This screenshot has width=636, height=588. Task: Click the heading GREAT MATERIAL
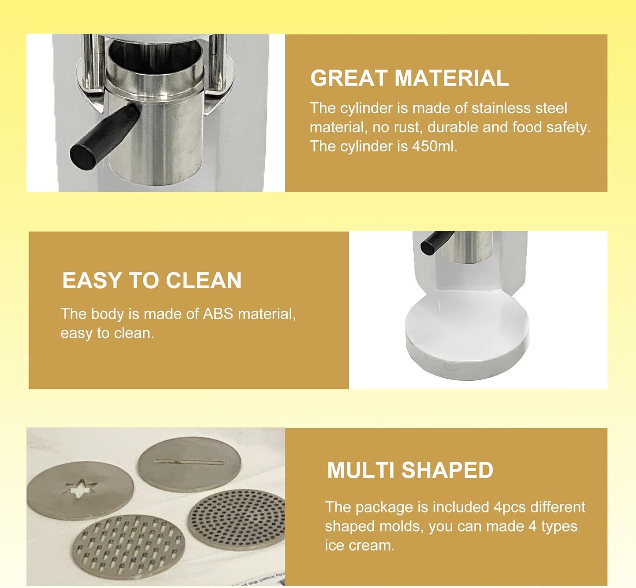[x=409, y=78]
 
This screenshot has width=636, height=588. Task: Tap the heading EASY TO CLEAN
[x=152, y=280]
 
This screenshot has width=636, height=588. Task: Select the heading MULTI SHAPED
[x=410, y=470]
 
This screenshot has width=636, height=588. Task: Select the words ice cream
[x=360, y=546]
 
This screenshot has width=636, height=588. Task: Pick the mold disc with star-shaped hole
[x=80, y=490]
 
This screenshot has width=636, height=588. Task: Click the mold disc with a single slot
[x=189, y=464]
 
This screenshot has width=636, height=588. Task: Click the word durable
[x=452, y=128]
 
